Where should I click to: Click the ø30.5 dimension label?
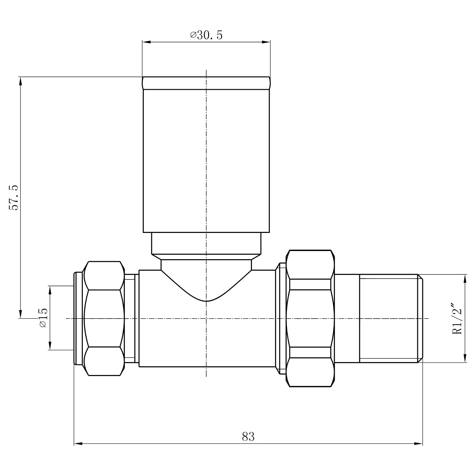(206, 35)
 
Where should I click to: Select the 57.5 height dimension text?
(14, 197)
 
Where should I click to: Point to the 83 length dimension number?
(248, 437)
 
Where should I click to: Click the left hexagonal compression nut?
(104, 318)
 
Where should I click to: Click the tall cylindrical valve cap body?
(206, 161)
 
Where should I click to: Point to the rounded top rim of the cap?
(206, 83)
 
